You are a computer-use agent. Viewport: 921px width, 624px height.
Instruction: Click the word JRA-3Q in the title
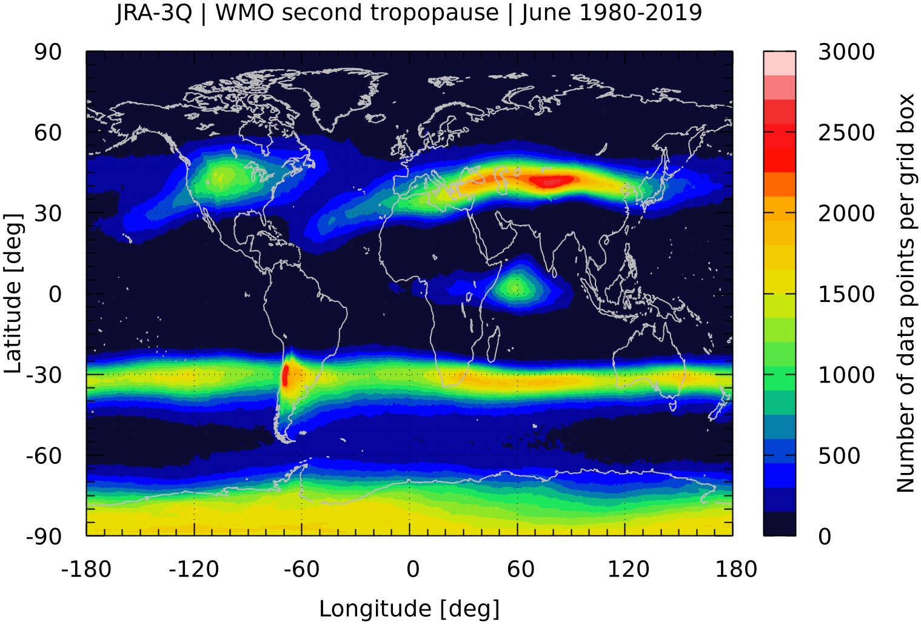(154, 13)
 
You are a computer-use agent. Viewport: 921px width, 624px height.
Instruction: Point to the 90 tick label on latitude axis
(48, 52)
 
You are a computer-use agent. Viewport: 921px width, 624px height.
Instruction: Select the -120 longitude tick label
(193, 569)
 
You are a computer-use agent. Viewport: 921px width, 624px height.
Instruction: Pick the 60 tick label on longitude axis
(521, 569)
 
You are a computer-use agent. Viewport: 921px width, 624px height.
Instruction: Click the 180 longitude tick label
(736, 569)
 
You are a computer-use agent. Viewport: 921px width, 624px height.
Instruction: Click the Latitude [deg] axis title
(13, 294)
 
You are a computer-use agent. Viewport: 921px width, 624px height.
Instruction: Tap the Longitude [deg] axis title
(409, 609)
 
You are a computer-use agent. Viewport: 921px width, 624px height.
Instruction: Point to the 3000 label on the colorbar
(846, 52)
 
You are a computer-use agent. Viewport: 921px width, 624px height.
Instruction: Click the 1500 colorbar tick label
(846, 294)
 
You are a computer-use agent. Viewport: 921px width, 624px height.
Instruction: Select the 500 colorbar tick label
(839, 456)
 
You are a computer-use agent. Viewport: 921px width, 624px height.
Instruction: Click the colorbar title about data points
(906, 294)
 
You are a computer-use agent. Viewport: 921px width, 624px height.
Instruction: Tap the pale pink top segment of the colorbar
(780, 63)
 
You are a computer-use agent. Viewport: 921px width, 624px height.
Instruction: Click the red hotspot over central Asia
(554, 180)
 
